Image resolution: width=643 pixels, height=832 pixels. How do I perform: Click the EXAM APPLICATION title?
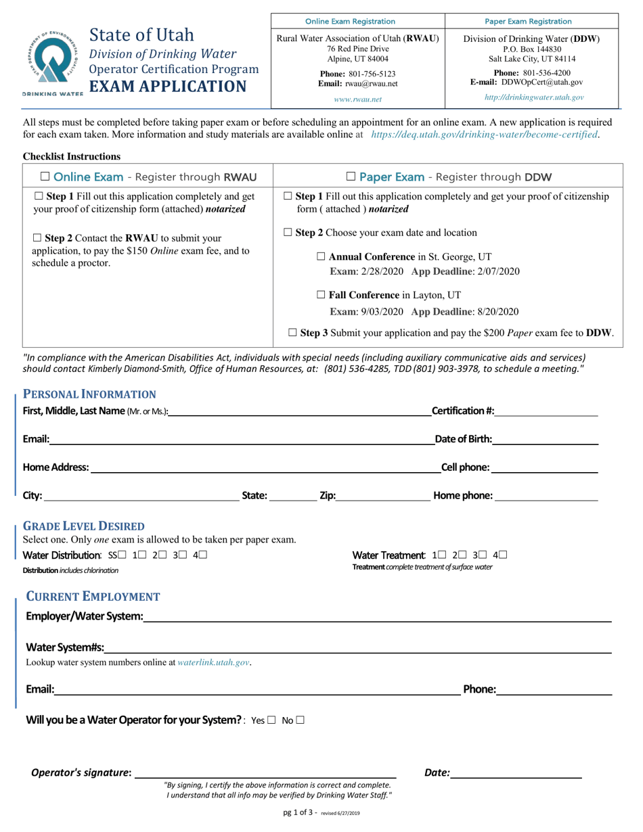coord(168,87)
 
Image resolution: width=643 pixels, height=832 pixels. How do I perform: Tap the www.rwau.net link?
coord(358,99)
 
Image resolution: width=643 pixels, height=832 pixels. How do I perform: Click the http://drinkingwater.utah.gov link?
coord(534,97)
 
